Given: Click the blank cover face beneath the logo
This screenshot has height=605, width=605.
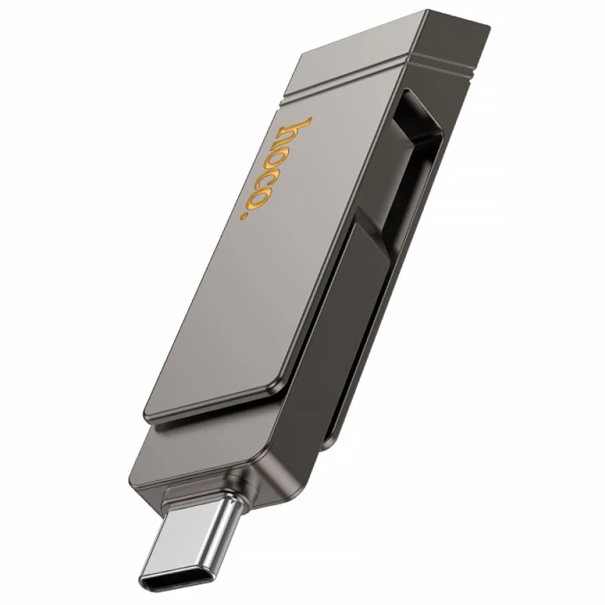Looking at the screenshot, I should [x=242, y=318].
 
